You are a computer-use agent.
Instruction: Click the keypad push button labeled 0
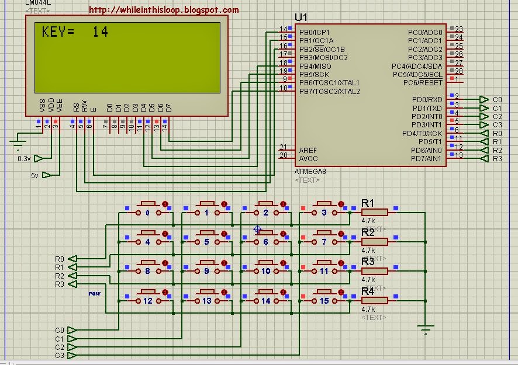click(x=147, y=212)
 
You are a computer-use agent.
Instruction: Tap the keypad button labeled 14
click(x=266, y=300)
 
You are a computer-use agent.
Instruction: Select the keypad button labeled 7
click(x=324, y=241)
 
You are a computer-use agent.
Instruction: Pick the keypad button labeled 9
click(x=206, y=270)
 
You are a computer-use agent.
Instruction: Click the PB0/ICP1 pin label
click(x=315, y=32)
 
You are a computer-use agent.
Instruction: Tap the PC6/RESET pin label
click(x=423, y=83)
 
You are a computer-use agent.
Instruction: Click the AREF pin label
click(x=308, y=150)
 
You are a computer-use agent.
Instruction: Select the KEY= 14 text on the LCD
click(x=75, y=32)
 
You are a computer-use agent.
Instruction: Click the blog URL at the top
click(x=164, y=10)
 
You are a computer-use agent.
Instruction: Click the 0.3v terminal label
click(x=24, y=158)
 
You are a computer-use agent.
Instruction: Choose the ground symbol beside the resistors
click(x=427, y=329)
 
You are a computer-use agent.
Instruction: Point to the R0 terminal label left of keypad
click(x=59, y=259)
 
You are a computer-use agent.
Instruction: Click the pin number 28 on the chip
click(x=459, y=71)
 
